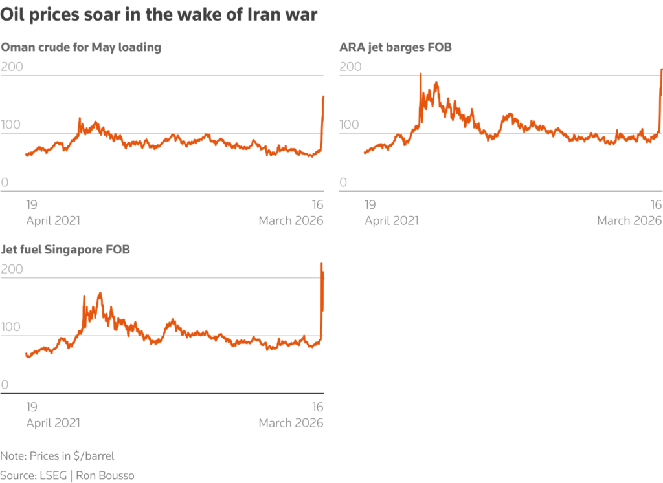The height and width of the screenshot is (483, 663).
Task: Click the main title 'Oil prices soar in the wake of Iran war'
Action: [x=159, y=15]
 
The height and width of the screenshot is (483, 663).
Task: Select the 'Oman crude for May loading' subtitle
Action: [x=81, y=47]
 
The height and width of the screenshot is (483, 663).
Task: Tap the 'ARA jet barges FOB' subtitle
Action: [x=396, y=47]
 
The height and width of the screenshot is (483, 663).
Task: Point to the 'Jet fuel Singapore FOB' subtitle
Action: [x=65, y=250]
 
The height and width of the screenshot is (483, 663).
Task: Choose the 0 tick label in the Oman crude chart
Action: [x=5, y=182]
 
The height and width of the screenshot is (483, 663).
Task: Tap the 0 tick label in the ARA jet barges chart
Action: [x=343, y=182]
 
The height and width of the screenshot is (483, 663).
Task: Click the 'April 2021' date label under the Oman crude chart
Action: [x=53, y=220]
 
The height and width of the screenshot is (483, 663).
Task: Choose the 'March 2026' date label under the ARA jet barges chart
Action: [x=629, y=220]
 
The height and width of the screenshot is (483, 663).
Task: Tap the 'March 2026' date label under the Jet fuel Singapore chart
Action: [x=291, y=423]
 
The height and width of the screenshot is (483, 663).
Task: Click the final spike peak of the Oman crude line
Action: [x=323, y=97]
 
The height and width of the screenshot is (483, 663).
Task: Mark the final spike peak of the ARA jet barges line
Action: [x=661, y=69]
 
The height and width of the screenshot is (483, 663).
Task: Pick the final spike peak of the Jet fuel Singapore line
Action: [x=322, y=263]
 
